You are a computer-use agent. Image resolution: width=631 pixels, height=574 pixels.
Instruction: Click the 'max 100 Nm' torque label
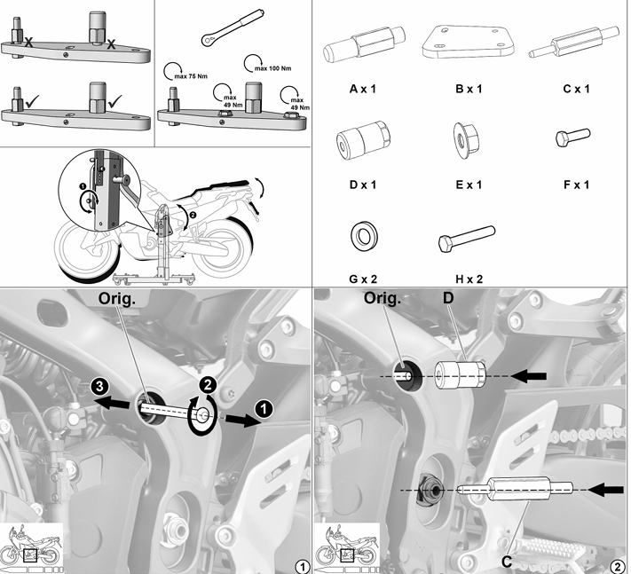tap(272, 68)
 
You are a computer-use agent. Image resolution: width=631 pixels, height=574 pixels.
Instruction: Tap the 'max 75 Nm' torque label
tap(191, 76)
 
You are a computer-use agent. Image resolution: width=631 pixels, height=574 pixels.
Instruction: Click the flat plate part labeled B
tap(468, 43)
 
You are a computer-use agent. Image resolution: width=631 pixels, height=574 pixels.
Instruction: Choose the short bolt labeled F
tap(572, 138)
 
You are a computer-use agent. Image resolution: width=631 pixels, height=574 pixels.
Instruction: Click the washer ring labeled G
tap(364, 235)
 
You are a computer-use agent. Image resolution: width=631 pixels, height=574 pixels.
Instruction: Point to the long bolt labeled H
tap(467, 239)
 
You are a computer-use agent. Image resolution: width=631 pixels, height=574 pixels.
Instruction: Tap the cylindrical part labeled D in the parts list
tap(363, 139)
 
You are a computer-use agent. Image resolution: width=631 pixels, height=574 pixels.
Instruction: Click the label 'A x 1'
tap(363, 89)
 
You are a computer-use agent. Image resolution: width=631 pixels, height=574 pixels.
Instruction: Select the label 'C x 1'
tap(576, 89)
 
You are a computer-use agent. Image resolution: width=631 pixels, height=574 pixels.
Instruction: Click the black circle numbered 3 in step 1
tap(99, 387)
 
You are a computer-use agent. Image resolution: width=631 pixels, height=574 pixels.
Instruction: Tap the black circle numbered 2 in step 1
tap(208, 385)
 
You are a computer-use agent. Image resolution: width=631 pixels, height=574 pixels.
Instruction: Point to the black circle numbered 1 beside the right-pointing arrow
tap(264, 410)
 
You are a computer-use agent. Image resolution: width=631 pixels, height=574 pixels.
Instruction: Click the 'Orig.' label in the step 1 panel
tap(117, 298)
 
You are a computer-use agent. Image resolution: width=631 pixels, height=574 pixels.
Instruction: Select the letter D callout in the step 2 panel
tap(448, 298)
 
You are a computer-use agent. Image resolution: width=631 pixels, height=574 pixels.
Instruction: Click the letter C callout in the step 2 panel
tap(507, 561)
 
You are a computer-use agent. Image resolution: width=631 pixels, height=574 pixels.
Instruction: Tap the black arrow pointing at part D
tap(529, 376)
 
